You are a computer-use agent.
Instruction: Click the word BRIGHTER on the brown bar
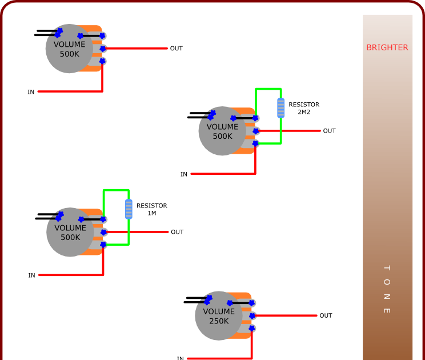coord(387,47)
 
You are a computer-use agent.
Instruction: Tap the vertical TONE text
coord(386,289)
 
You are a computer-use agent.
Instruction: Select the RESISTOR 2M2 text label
coord(303,108)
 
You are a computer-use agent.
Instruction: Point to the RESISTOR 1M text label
coord(151,209)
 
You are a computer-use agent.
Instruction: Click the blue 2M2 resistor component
coord(280,107)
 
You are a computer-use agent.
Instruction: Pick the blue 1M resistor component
coord(129,209)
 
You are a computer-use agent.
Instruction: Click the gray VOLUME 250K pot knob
coord(219,316)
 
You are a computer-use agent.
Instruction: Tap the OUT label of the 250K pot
coord(326,315)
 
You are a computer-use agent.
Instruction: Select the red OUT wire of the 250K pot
coord(286,315)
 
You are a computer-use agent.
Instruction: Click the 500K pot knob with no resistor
coord(69,49)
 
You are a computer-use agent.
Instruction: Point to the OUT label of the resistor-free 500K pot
coord(177,49)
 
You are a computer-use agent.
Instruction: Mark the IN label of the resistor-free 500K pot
coord(31,92)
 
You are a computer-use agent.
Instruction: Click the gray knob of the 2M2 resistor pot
coord(222,131)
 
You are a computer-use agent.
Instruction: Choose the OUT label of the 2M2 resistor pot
coord(330,131)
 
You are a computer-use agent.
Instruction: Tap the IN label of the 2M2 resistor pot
coord(184,174)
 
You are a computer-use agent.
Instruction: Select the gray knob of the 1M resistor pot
coord(70,232)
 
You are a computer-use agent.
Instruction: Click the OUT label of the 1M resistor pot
coord(177,232)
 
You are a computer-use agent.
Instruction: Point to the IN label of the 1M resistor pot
coord(31,275)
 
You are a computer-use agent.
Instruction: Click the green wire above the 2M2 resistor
coord(268,89)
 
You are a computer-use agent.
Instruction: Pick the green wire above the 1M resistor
coord(116,190)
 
